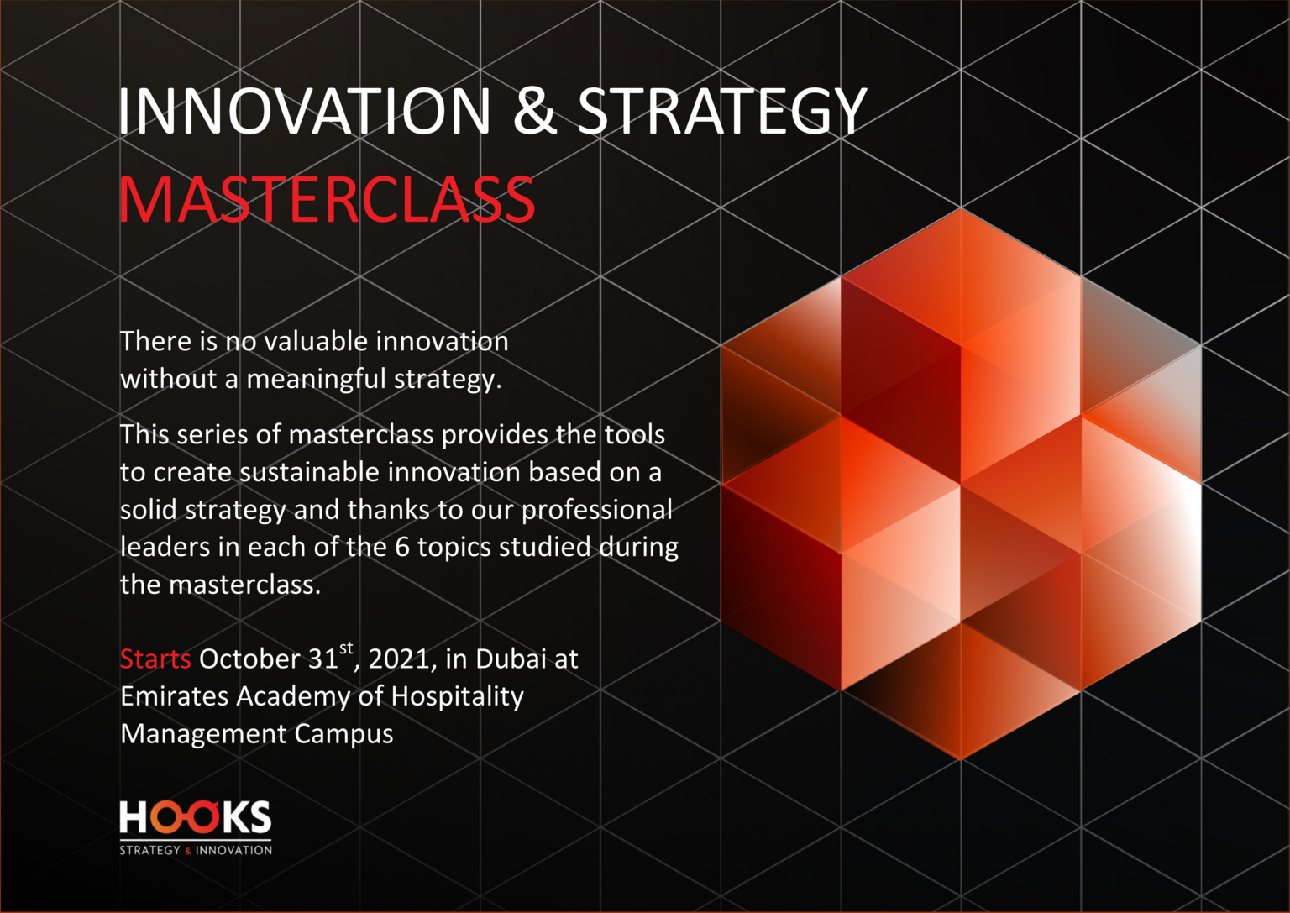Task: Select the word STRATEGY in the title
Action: [721, 113]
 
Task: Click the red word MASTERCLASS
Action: [327, 199]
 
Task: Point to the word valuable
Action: [316, 341]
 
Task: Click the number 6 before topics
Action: [402, 548]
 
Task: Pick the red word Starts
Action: [155, 659]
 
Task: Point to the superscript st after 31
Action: [346, 649]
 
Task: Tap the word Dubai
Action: [511, 659]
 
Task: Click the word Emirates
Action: [175, 696]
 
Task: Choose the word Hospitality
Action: [458, 698]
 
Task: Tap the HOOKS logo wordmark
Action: [195, 816]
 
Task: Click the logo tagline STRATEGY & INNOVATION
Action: [196, 850]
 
